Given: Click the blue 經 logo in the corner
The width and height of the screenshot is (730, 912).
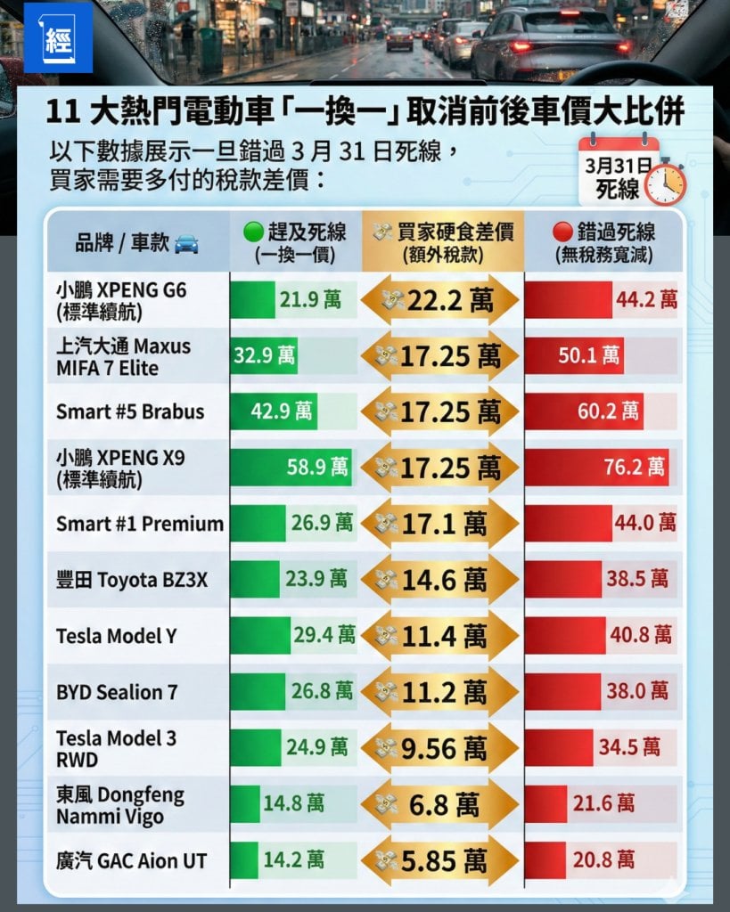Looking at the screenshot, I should (45, 37).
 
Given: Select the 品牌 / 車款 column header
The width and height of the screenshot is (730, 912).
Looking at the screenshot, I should (136, 243).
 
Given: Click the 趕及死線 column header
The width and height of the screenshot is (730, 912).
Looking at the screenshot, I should (294, 243).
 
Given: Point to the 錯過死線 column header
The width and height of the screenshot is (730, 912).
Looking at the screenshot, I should (603, 243).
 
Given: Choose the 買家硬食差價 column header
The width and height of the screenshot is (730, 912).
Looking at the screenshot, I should (441, 243).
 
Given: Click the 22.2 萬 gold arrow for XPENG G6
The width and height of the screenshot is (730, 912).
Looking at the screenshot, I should (440, 300).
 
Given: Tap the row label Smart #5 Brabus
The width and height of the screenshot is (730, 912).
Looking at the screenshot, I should (130, 411).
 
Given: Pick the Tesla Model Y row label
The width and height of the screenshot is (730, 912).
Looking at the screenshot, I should (116, 636).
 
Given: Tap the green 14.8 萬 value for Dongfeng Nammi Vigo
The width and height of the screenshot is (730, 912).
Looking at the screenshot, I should (293, 803).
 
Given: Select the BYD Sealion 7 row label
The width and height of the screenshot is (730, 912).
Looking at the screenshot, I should (117, 692).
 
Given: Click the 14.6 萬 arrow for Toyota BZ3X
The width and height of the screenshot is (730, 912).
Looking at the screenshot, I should (440, 580).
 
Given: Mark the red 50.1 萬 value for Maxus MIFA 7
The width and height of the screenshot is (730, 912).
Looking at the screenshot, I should (588, 356).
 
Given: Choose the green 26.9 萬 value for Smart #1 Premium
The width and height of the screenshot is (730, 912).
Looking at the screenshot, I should (321, 523).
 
